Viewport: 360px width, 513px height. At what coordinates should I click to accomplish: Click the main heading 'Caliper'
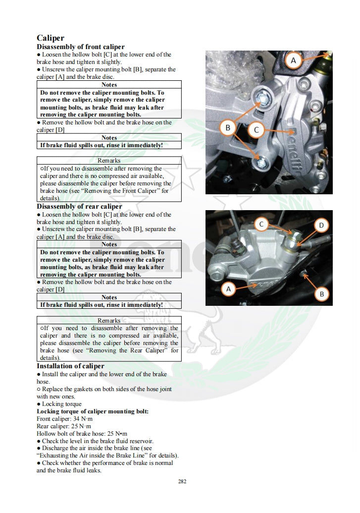pyautogui.click(x=51, y=38)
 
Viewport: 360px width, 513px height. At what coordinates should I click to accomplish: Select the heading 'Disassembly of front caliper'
pyautogui.click(x=81, y=47)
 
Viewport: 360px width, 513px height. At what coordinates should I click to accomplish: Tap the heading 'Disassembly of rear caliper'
pyautogui.click(x=79, y=206)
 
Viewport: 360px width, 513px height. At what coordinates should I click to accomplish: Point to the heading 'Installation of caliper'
pyautogui.click(x=70, y=366)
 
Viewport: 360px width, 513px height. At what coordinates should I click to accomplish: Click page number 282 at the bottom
pyautogui.click(x=182, y=481)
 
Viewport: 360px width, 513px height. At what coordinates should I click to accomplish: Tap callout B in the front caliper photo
pyautogui.click(x=228, y=128)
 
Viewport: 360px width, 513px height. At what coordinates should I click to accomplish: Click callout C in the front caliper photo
pyautogui.click(x=256, y=130)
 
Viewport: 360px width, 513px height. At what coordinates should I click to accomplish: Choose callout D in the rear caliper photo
pyautogui.click(x=321, y=226)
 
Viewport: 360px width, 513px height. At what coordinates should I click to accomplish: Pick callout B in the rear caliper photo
pyautogui.click(x=321, y=294)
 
